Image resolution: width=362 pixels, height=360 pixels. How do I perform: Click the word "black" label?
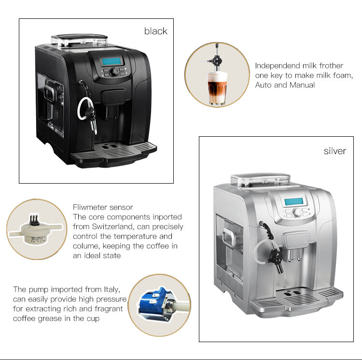coord(155,31)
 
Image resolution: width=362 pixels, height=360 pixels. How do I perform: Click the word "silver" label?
coord(335,151)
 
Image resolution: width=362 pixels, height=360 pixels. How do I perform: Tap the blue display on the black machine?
coord(112,61)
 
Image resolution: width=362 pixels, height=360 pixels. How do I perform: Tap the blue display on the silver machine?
coord(293,202)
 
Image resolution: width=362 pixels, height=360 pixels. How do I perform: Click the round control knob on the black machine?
coord(114,72)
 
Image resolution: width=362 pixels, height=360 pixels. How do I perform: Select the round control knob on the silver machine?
coord(297,212)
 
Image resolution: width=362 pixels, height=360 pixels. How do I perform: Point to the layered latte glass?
coord(217,88)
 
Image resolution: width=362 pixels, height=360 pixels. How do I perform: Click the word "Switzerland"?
coord(112,227)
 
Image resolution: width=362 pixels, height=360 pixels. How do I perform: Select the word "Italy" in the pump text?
coord(111,290)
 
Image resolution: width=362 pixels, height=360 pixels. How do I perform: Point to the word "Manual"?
coord(302,85)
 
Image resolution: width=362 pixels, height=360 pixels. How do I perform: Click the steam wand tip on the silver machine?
coord(280,271)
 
